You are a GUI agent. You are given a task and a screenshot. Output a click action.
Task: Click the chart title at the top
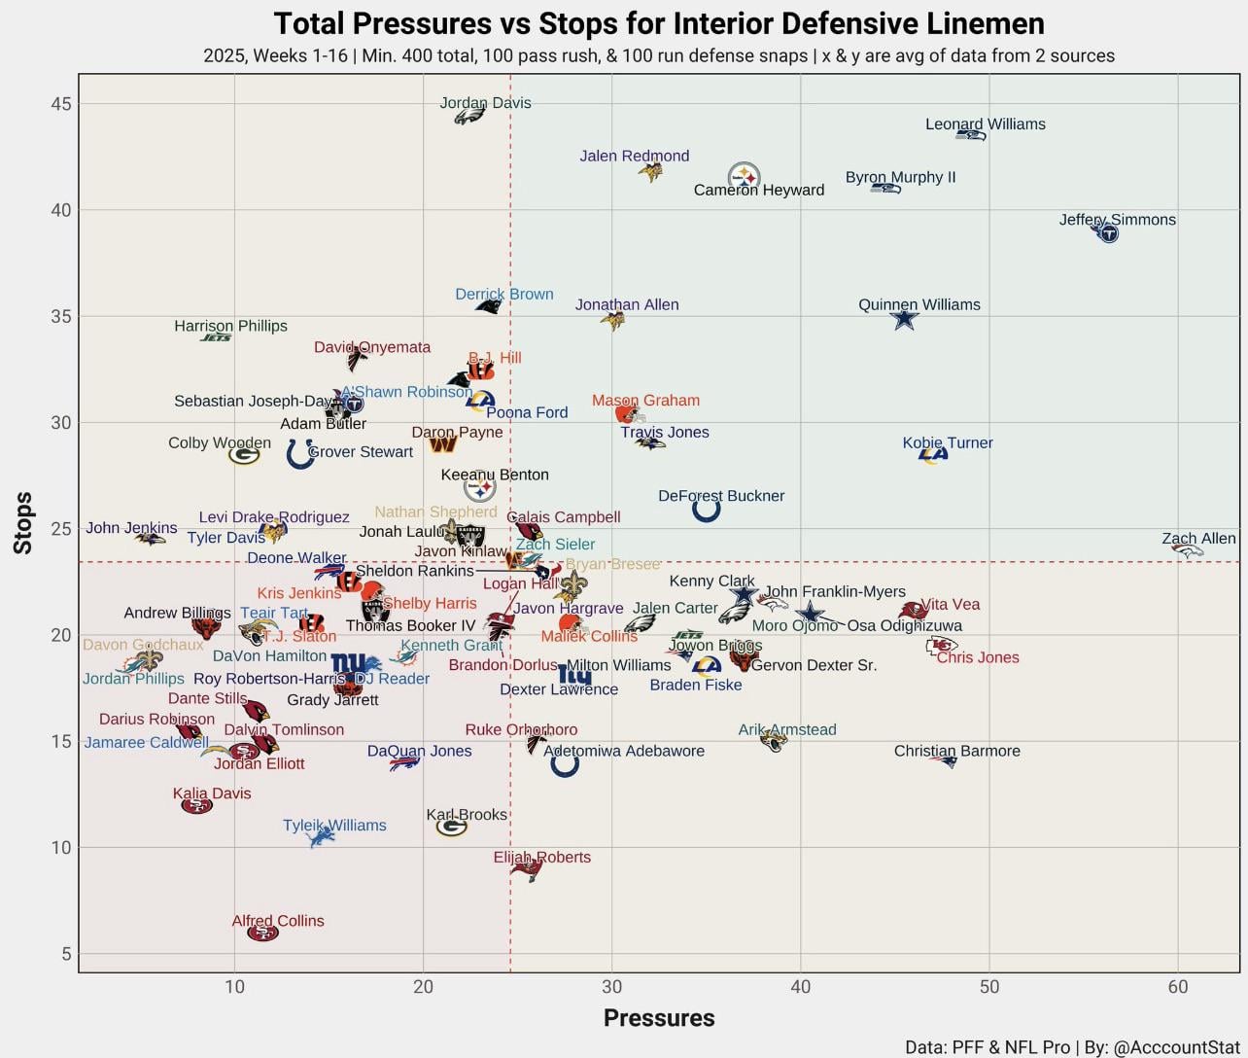(x=659, y=23)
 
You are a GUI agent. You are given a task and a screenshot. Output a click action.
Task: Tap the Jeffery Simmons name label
(x=1117, y=220)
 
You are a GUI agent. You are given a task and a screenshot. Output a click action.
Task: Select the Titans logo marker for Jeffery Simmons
(x=1106, y=232)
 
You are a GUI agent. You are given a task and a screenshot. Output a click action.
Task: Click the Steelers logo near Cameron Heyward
(x=744, y=176)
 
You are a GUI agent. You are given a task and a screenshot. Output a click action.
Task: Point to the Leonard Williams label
(x=985, y=124)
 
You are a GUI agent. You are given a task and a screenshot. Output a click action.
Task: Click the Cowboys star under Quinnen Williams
(x=905, y=319)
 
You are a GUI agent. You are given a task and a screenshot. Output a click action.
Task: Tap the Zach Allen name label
(x=1198, y=539)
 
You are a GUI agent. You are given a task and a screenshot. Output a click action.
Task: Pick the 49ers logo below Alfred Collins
(x=262, y=934)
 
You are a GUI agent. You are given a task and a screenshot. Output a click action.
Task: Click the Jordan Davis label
(x=485, y=103)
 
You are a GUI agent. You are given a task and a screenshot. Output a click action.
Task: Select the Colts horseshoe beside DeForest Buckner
(x=707, y=509)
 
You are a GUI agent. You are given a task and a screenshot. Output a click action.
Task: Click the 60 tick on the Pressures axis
(x=1178, y=988)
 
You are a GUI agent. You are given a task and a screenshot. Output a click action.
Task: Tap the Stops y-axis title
(x=23, y=523)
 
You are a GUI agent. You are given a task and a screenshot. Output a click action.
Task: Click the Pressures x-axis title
(x=659, y=1018)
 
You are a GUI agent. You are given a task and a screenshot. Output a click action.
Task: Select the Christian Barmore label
(x=956, y=751)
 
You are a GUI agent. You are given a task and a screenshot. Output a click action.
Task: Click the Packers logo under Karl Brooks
(x=451, y=828)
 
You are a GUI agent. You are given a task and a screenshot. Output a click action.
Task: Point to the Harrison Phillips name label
(x=230, y=326)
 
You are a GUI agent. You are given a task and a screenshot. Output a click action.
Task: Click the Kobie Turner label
(x=948, y=443)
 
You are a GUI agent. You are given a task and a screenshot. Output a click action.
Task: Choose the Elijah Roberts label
(x=541, y=858)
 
